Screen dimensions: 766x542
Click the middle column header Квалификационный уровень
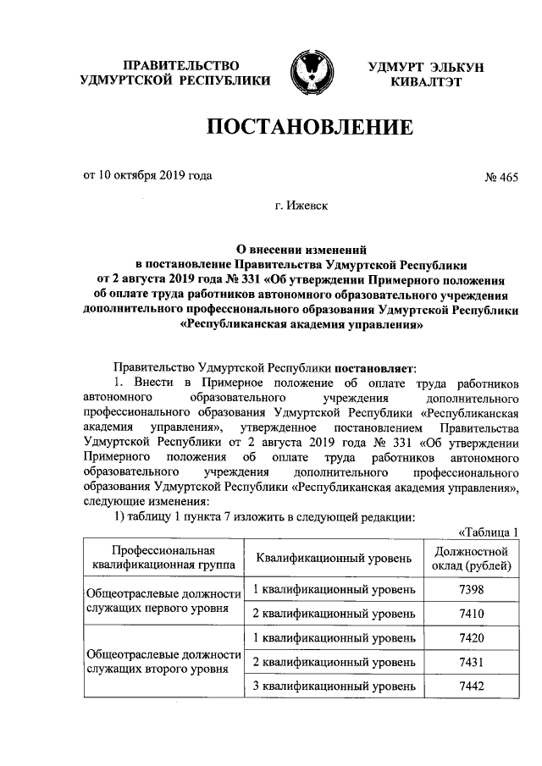[334, 558]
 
